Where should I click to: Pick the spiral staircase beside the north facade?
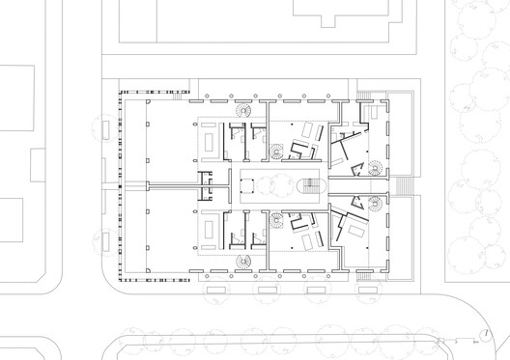pos(241,110)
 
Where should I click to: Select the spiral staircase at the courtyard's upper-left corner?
pos(278,151)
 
